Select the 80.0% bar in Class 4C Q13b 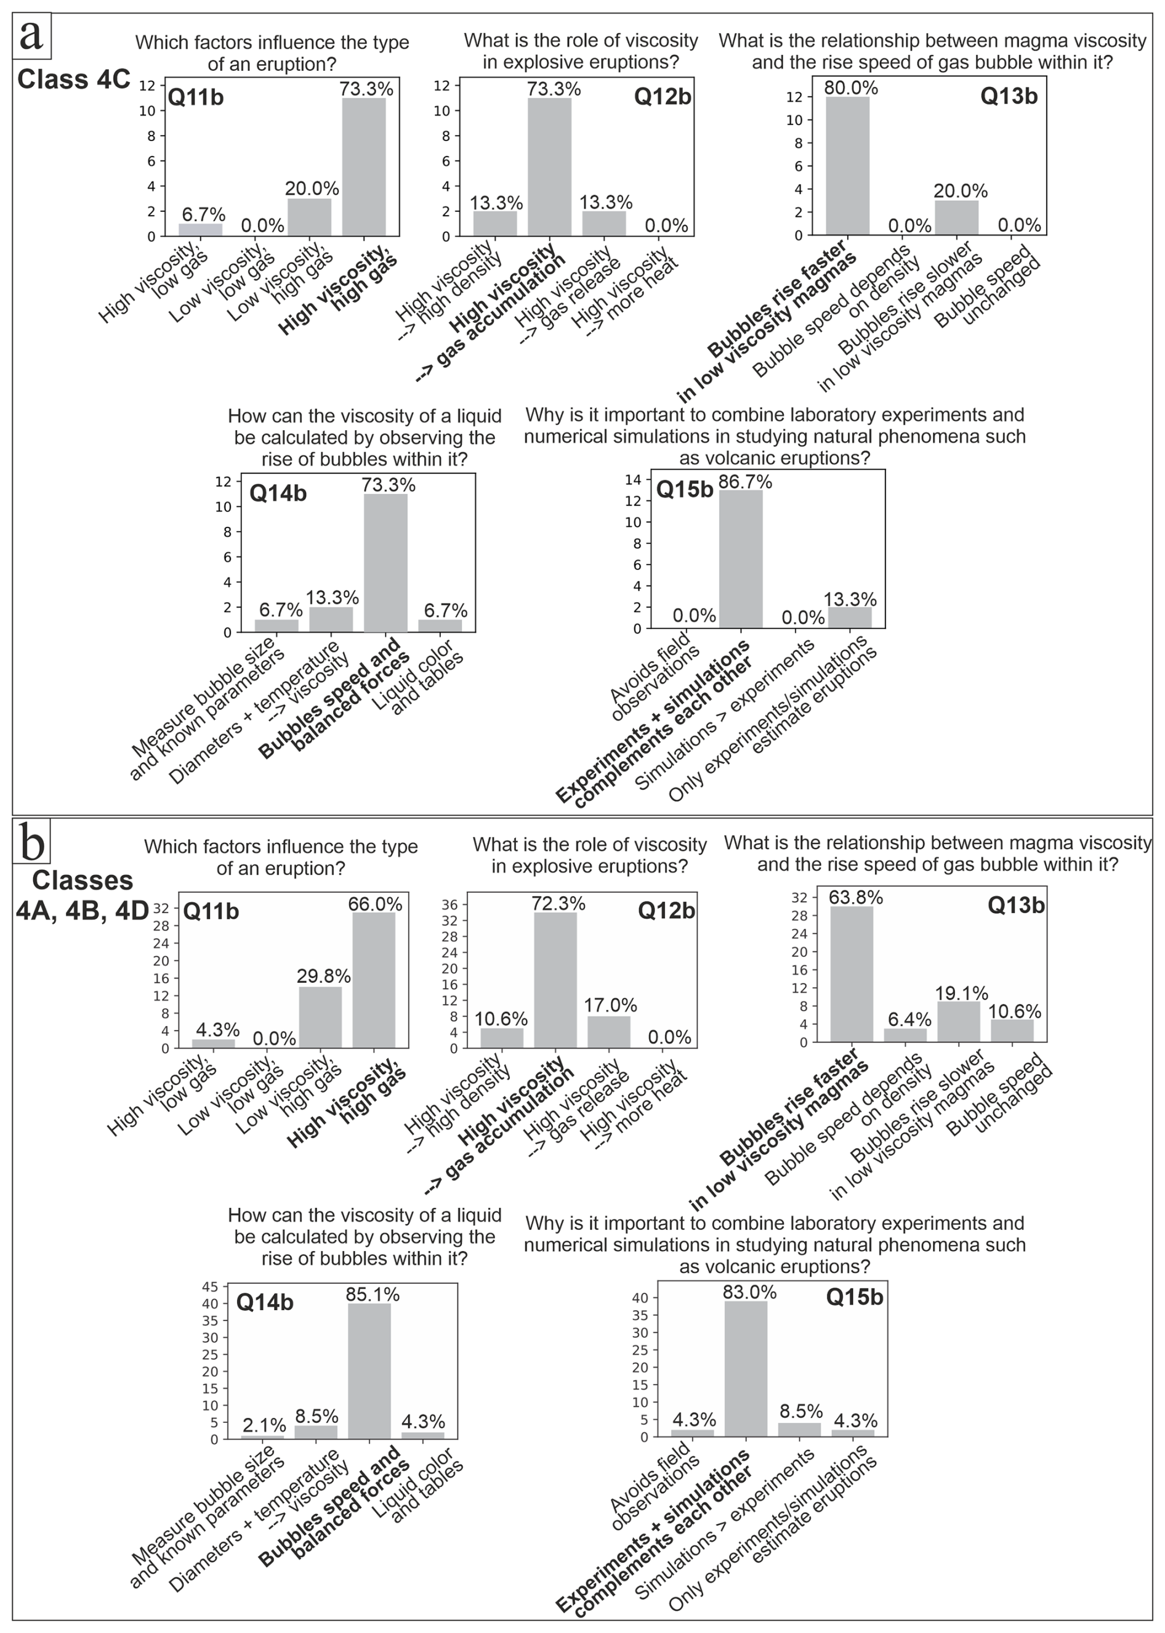point(847,166)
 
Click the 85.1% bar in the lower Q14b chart point(369,1371)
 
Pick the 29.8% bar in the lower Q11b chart point(320,1017)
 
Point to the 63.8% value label point(855,897)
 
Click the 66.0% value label point(375,904)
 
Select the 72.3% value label point(558,903)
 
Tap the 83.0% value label point(749,1292)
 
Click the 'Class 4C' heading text point(73,79)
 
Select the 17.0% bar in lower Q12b point(609,1032)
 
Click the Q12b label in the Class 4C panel point(662,97)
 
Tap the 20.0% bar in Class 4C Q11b point(310,217)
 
